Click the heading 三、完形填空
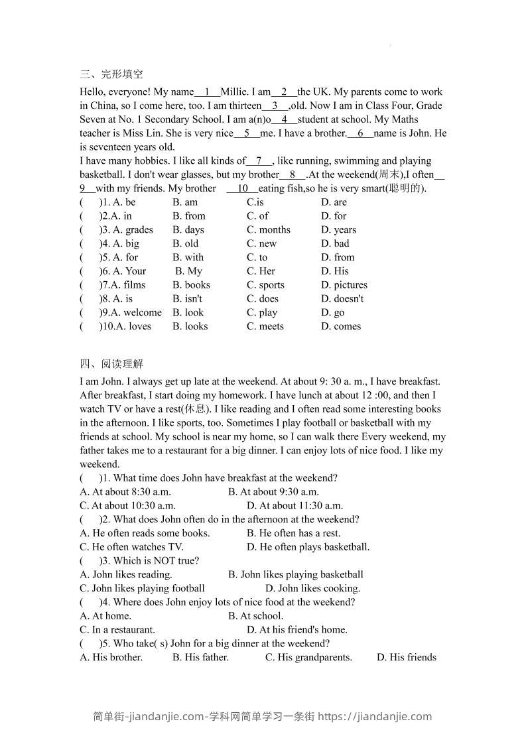point(111,74)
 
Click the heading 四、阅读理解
point(111,363)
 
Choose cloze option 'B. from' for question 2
point(189,216)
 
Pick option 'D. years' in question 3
point(338,230)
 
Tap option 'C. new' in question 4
point(261,243)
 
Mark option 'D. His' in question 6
point(334,271)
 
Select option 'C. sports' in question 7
point(265,285)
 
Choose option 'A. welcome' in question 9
point(137,313)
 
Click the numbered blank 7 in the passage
point(259,160)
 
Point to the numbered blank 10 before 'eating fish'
point(243,188)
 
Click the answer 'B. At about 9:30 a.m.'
point(273,492)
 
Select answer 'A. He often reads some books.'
point(145,533)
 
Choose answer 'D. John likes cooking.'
point(312,588)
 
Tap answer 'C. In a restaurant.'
point(117,630)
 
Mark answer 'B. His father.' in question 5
point(200,658)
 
